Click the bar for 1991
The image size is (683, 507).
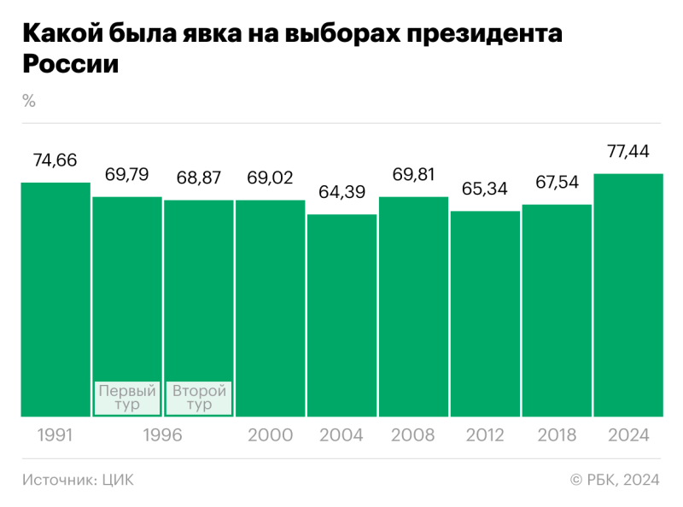[55, 299]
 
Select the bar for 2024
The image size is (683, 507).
[628, 294]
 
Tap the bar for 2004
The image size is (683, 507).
[341, 315]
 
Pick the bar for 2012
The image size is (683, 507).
[485, 313]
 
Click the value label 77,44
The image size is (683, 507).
[628, 152]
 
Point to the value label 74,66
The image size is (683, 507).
[55, 160]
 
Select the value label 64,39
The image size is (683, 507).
[341, 192]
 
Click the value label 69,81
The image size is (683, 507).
[413, 176]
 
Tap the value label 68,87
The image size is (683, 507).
[198, 178]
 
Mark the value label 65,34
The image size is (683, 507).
[485, 189]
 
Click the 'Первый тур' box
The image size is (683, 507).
[127, 398]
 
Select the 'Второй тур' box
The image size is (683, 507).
[199, 398]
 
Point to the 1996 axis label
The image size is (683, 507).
[163, 435]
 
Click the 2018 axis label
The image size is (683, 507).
[557, 435]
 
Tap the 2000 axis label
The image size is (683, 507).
[270, 435]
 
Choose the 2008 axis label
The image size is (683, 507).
[413, 435]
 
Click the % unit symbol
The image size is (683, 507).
[29, 101]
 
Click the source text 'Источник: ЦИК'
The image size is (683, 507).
[78, 480]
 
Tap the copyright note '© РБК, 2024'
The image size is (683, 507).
[614, 480]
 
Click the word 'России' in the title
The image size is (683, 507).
[69, 64]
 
